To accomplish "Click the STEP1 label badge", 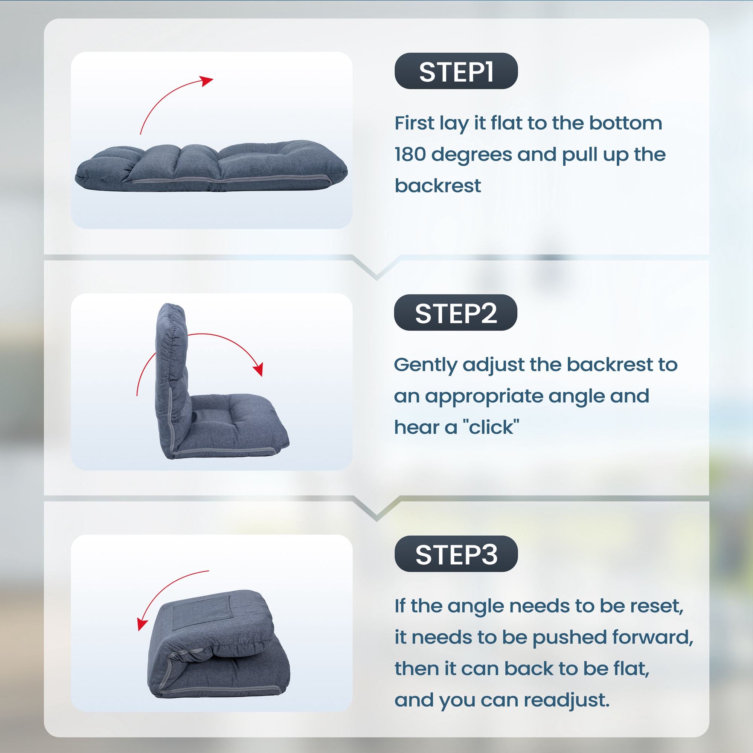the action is [x=456, y=71].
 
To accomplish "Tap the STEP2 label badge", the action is [x=456, y=312].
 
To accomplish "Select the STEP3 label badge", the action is [x=456, y=554].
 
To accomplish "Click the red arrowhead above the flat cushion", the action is [x=207, y=81].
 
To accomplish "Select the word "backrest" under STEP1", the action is [x=438, y=186].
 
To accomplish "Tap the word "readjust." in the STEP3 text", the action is [x=566, y=700].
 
